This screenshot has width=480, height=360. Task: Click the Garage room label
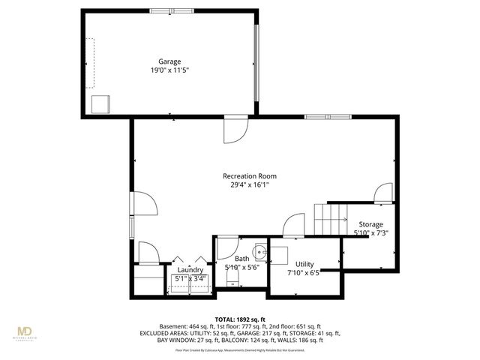tap(169, 61)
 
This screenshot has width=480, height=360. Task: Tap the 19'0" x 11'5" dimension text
tap(169, 70)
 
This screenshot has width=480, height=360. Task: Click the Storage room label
tap(370, 224)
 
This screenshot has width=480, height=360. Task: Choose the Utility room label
tap(304, 264)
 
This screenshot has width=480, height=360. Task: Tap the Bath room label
tap(232, 258)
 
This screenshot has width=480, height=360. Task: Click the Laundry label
tap(190, 270)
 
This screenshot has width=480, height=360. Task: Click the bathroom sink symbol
tap(259, 251)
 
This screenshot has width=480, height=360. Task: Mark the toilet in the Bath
tap(232, 280)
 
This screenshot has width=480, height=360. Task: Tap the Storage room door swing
tap(383, 193)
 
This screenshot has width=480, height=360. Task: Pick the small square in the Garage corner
tap(100, 103)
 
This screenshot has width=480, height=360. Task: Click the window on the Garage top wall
tap(169, 10)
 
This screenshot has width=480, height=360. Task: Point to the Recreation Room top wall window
tap(328, 117)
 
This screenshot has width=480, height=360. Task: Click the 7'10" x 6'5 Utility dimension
tap(304, 273)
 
